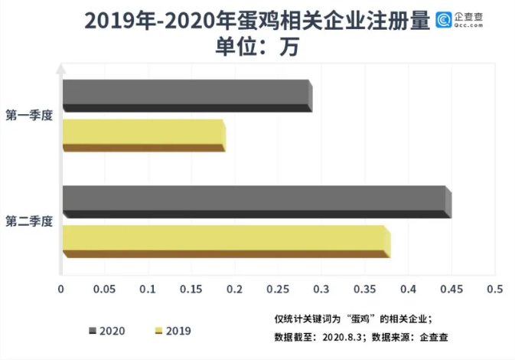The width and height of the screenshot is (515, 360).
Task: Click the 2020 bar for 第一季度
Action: pos(187,95)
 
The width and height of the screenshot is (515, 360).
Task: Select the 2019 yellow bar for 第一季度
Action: pos(143,136)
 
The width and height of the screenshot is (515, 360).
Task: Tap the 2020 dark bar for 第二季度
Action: pos(256,201)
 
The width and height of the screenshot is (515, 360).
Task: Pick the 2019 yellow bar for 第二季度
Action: pos(226,241)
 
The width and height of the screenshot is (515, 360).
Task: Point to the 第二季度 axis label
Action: pos(29,221)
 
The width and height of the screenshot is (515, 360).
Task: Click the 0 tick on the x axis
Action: pos(61,290)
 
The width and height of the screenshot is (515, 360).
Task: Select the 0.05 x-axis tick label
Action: pos(104,290)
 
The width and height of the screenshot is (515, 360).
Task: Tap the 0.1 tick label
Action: pos(148,290)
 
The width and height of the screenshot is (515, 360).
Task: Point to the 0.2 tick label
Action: pos(234,290)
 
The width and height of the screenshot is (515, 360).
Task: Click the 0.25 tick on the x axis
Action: pos(277,290)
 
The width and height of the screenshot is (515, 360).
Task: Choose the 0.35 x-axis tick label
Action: pos(364,290)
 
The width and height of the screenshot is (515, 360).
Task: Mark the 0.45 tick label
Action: pos(451,290)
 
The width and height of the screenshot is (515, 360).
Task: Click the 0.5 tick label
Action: pos(494,290)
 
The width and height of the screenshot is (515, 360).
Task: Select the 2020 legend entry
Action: pos(107,331)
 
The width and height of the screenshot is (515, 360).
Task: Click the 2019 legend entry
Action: pos(173,331)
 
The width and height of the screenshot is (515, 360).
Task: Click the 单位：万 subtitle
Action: pos(256,46)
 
